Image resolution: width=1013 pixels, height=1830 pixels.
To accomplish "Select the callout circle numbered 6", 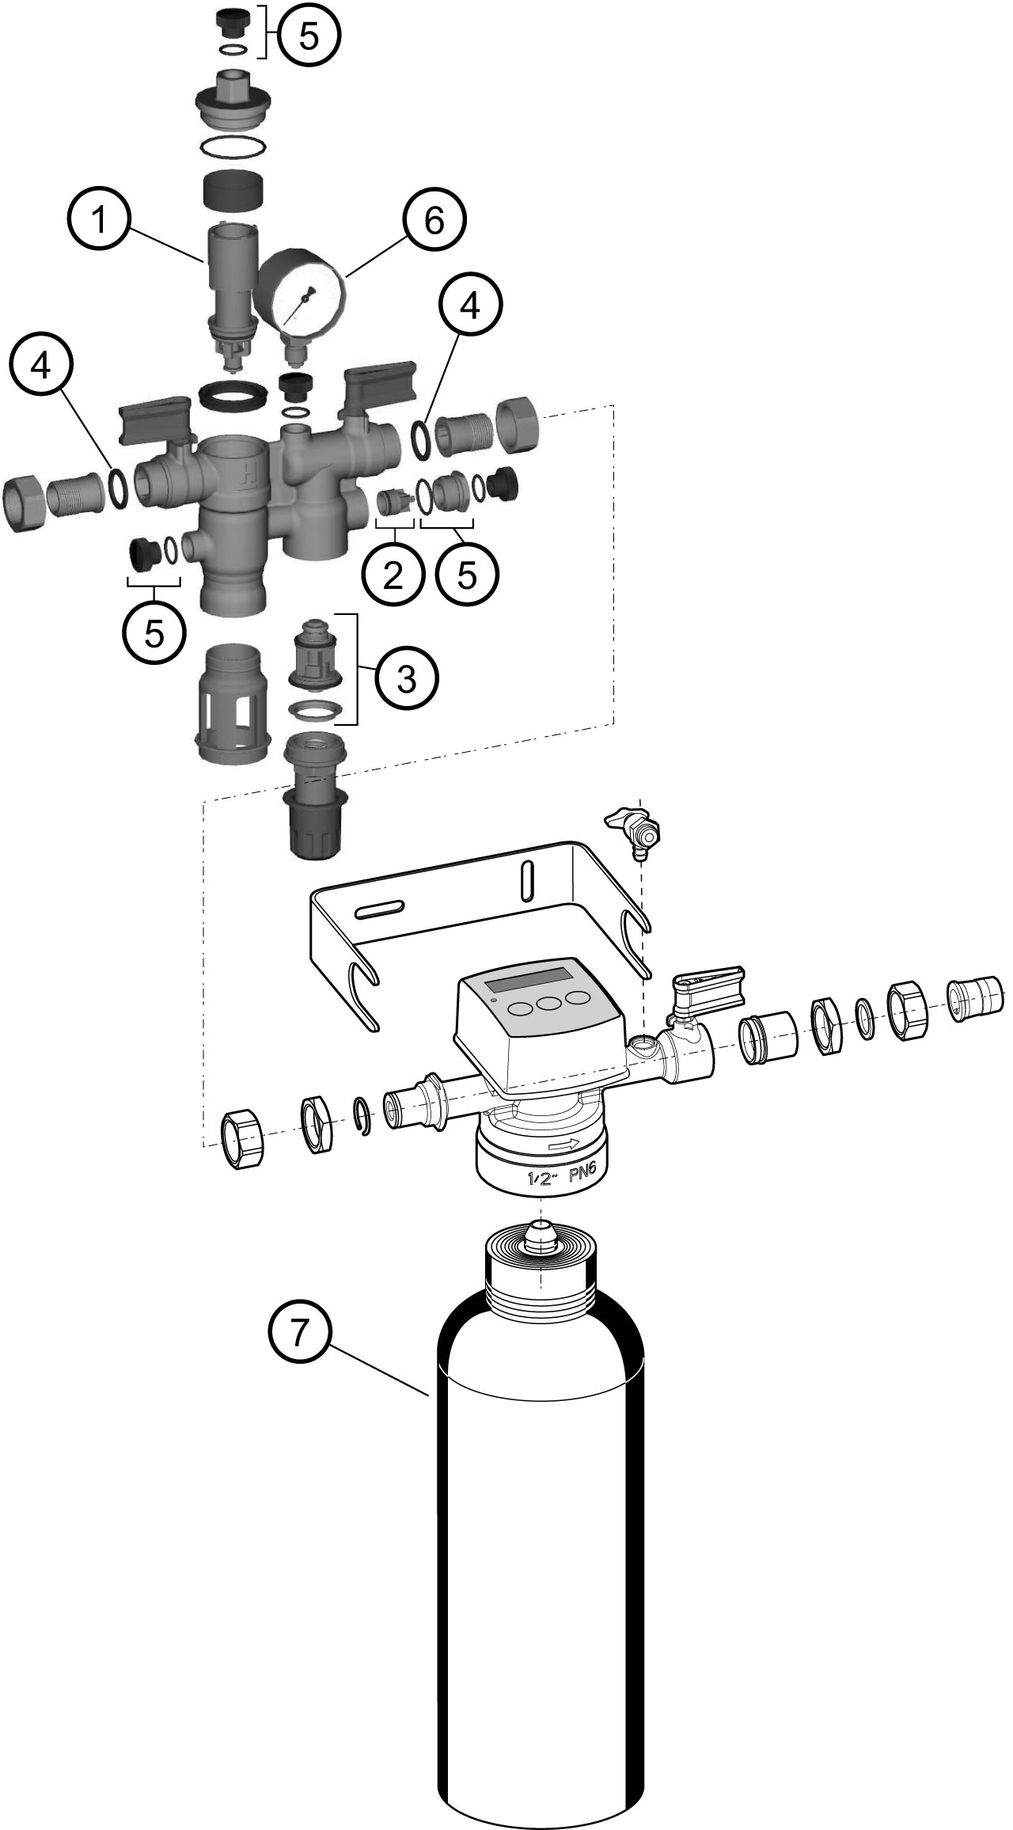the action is coord(434,222).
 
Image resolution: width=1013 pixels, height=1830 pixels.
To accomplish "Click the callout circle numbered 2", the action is coord(393,575).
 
